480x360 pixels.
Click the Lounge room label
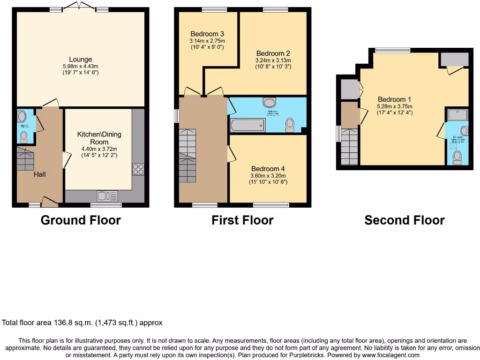click(x=81, y=59)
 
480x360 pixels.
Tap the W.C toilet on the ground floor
click(x=24, y=136)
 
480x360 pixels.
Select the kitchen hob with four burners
click(x=138, y=169)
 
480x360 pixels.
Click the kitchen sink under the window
click(x=107, y=195)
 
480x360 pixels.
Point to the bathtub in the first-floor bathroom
click(x=247, y=125)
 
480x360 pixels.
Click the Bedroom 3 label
click(x=207, y=34)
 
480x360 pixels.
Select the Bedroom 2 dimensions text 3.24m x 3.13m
click(x=273, y=60)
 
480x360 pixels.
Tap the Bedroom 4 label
click(x=268, y=169)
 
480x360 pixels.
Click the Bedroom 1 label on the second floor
click(x=394, y=99)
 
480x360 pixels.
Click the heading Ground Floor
click(x=81, y=220)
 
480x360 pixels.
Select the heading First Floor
click(x=242, y=220)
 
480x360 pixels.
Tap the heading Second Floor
click(x=405, y=220)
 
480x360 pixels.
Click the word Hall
click(x=39, y=174)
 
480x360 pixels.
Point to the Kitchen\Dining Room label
click(x=99, y=138)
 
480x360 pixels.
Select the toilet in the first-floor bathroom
click(x=290, y=124)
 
